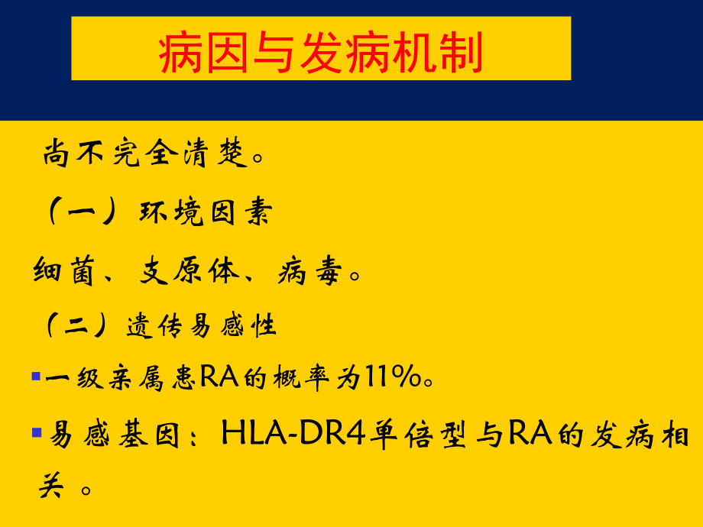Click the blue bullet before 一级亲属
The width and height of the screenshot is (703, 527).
[36, 377]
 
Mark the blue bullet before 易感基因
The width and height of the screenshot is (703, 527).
[36, 433]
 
